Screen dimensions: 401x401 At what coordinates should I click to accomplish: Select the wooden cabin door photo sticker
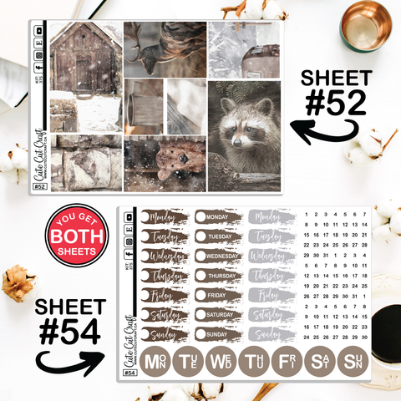pos(85,58)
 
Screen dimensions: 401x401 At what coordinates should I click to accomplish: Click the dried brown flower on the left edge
pos(18,282)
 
